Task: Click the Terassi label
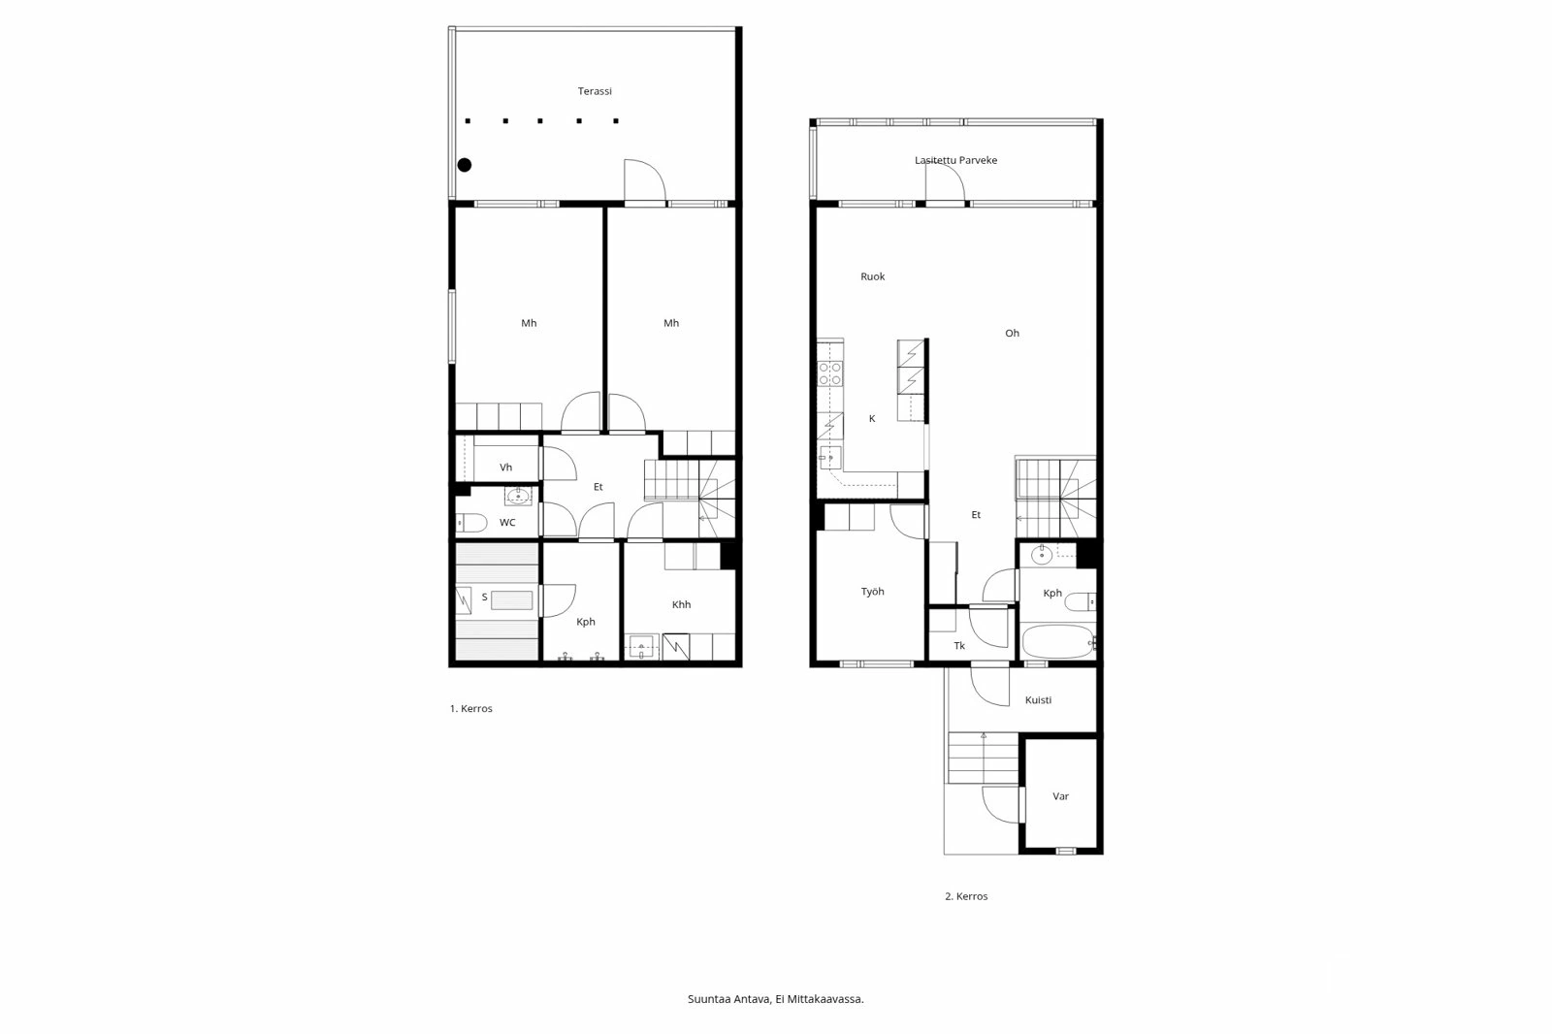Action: [x=595, y=91]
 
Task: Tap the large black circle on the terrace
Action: [x=465, y=165]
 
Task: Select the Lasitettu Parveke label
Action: [x=955, y=160]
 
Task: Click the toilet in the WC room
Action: [x=472, y=524]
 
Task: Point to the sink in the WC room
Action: [x=518, y=498]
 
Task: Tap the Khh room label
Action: [x=681, y=604]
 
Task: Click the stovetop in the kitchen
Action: [x=829, y=373]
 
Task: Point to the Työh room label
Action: [x=873, y=592]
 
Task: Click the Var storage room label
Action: [x=1060, y=796]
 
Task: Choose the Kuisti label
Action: [x=1038, y=700]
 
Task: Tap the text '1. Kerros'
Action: [x=470, y=709]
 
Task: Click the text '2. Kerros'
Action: [x=966, y=896]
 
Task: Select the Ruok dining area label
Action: [x=873, y=276]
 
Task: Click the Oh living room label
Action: [x=1012, y=333]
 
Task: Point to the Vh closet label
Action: [x=505, y=468]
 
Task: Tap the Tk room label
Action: [x=959, y=646]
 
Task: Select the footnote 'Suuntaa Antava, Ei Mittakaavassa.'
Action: [x=775, y=998]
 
